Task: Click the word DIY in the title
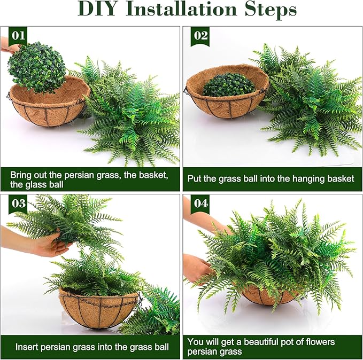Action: (x=97, y=9)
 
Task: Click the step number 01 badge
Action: (x=18, y=36)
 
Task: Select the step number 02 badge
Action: (x=200, y=36)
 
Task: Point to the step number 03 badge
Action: (x=18, y=204)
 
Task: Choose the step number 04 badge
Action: (x=200, y=204)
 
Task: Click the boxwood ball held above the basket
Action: (x=36, y=67)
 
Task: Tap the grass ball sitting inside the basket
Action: (x=228, y=85)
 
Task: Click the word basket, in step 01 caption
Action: (x=153, y=175)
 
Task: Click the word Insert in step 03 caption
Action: (x=27, y=347)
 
